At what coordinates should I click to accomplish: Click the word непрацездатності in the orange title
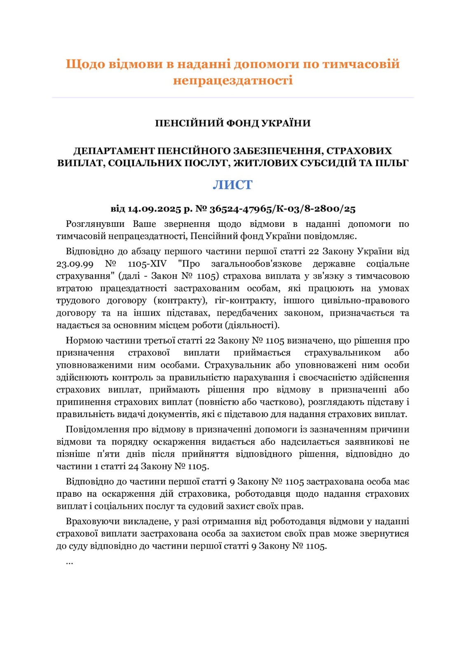tap(233, 80)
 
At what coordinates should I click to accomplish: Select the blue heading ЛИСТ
tap(233, 185)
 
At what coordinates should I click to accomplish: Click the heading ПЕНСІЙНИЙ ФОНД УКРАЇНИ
tap(233, 123)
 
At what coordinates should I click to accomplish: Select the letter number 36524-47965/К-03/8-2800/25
tap(282, 209)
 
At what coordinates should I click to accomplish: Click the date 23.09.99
tap(75, 264)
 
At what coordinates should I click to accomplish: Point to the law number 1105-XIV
tap(147, 264)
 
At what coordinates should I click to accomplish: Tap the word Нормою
tap(84, 340)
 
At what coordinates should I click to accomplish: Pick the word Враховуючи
tap(92, 521)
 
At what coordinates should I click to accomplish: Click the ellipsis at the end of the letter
tap(69, 562)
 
